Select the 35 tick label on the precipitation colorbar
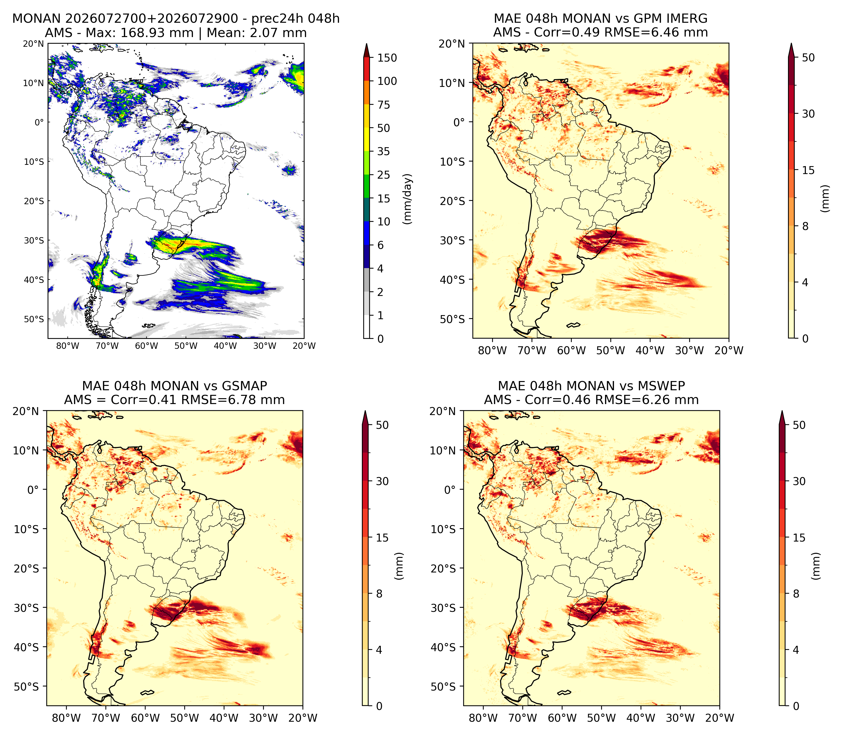[384, 151]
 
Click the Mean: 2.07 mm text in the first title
[257, 32]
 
